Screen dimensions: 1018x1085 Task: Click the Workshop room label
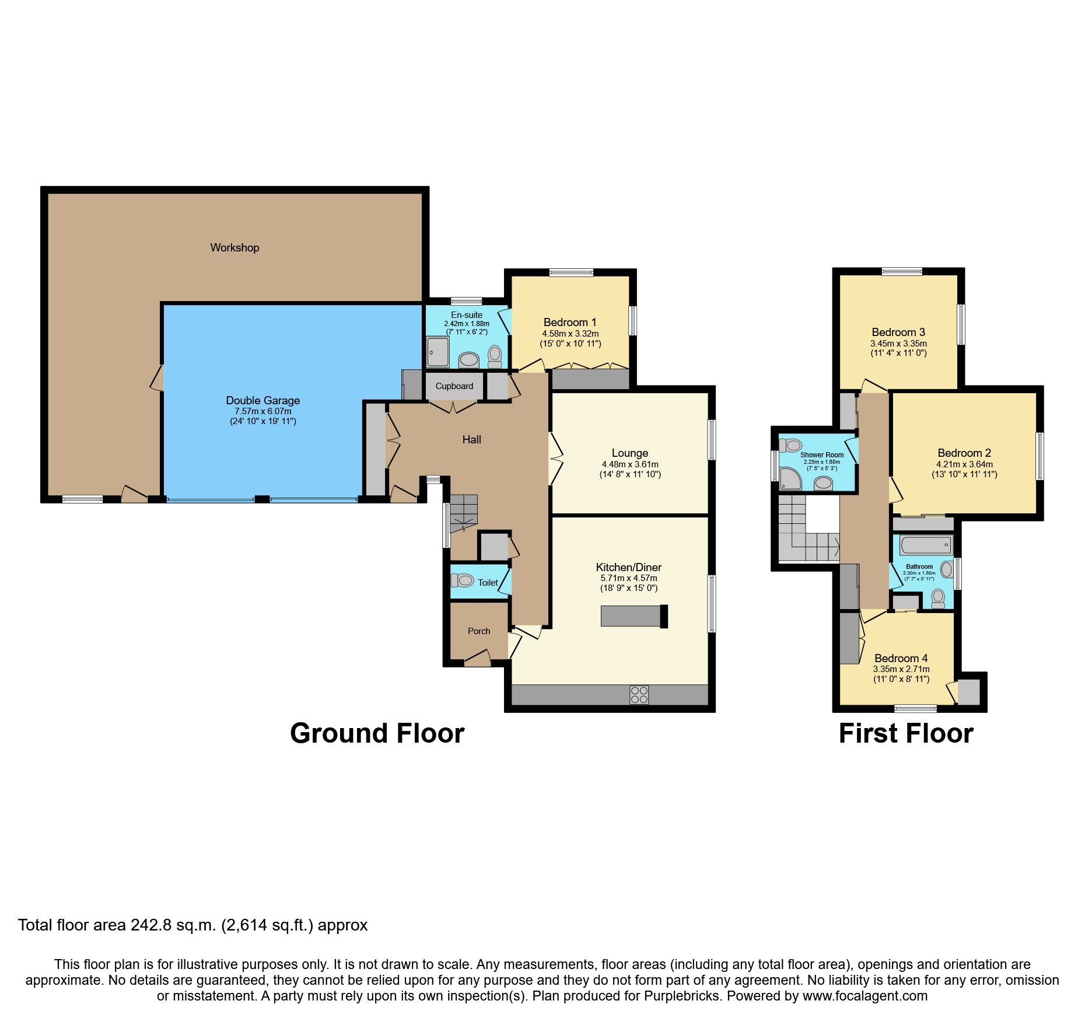(x=235, y=247)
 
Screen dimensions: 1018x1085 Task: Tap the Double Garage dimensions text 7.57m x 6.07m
(x=263, y=411)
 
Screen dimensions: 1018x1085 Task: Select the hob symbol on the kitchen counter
(x=639, y=695)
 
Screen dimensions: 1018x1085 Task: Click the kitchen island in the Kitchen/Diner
(x=633, y=616)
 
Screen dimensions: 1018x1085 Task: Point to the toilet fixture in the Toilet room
(x=463, y=580)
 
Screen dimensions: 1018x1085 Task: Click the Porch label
(x=479, y=631)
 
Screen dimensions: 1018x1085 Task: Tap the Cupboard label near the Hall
(x=454, y=386)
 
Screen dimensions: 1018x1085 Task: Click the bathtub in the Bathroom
(x=926, y=546)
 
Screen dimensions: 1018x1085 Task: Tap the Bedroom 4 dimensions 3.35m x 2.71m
(x=901, y=669)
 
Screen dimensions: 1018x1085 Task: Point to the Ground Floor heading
(x=377, y=733)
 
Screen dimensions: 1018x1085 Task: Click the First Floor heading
(x=905, y=733)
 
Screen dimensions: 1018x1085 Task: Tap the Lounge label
(x=629, y=453)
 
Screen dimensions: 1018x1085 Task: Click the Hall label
(x=471, y=439)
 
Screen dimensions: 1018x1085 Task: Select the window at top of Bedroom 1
(x=571, y=272)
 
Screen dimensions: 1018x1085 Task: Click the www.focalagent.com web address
(x=864, y=996)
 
